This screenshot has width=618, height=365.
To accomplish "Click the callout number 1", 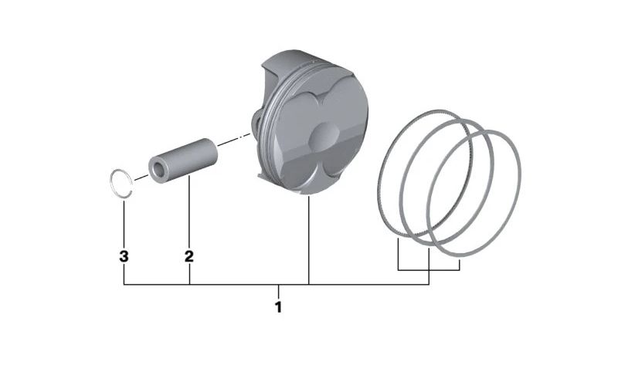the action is click(279, 307).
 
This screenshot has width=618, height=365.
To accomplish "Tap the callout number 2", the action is click(189, 256).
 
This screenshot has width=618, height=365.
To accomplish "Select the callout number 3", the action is click(124, 256).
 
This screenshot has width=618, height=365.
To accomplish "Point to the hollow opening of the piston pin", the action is click(159, 169).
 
